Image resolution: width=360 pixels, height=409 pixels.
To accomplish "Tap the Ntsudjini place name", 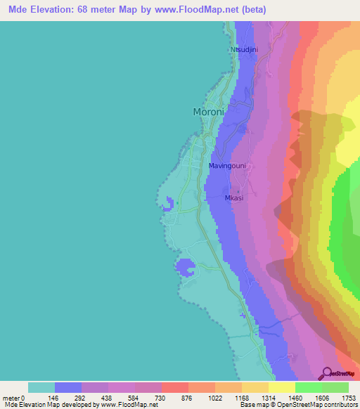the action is coord(245,50).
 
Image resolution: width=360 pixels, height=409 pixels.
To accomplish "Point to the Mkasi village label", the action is coord(234,197).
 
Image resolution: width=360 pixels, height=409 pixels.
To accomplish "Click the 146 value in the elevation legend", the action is coord(54,398).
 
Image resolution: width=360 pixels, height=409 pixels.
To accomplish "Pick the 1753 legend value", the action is coord(349,398).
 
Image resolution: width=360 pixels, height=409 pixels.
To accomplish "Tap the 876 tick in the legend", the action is coord(188,398).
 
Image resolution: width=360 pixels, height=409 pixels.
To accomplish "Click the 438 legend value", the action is coord(108,398).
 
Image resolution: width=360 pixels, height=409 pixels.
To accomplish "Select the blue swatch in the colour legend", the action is coord(68,387).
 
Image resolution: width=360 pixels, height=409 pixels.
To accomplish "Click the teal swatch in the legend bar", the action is coord(41,387).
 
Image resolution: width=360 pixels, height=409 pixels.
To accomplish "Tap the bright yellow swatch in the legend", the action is coord(282,387).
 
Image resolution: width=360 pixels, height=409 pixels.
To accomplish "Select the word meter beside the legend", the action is coord(10,398).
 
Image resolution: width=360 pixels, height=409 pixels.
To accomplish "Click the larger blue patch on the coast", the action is coord(186,267).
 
